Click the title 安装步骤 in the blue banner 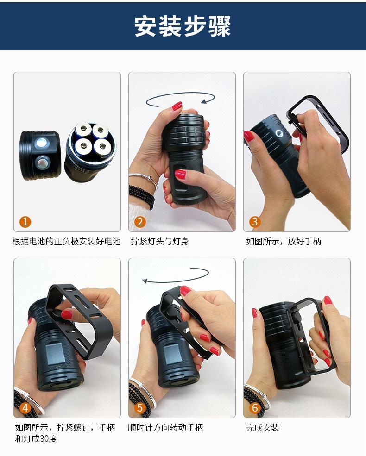pos(183,26)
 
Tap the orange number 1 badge pos(25,222)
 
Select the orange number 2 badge pos(140,222)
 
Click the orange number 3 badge pos(255,222)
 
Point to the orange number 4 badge pos(25,408)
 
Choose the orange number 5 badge pos(140,408)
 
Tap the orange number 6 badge pos(255,408)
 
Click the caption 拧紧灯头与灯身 pos(160,241)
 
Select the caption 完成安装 pos(262,427)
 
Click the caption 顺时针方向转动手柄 pos(165,427)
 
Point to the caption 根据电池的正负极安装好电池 pos(66,241)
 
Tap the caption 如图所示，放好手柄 pos(284,241)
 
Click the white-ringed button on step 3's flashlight pos(279,134)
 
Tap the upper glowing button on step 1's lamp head pos(41,144)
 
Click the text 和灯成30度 pos(36,438)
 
